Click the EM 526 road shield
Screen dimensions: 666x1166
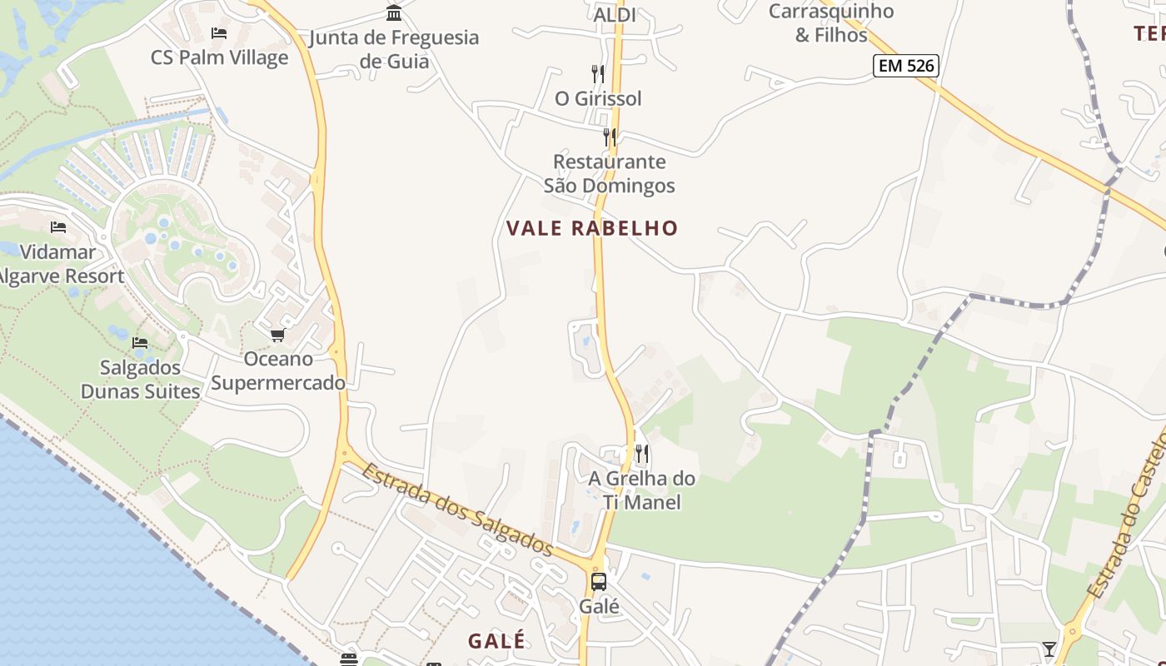pyautogui.click(x=905, y=66)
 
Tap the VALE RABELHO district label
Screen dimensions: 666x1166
pyautogui.click(x=592, y=228)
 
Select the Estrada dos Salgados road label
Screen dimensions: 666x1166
pyautogui.click(x=457, y=509)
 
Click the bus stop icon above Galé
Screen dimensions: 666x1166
pyautogui.click(x=599, y=581)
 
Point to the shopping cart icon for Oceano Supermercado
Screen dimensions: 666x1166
pyautogui.click(x=277, y=335)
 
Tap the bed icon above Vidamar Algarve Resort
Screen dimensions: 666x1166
pyautogui.click(x=58, y=226)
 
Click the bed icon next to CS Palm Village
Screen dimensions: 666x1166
pyautogui.click(x=219, y=33)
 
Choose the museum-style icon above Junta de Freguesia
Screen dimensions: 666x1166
pyautogui.click(x=394, y=12)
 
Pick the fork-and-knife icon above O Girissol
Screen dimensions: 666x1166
pyautogui.click(x=597, y=73)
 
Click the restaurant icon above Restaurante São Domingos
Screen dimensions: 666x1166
pyautogui.click(x=610, y=137)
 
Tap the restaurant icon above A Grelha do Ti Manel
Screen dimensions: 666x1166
pyautogui.click(x=641, y=454)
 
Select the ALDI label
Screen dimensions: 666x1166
pyautogui.click(x=615, y=15)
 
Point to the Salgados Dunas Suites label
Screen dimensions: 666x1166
pyautogui.click(x=140, y=380)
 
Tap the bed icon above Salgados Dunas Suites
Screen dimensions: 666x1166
pyautogui.click(x=140, y=342)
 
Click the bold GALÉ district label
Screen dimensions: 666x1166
pyautogui.click(x=496, y=640)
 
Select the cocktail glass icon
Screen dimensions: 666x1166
pyautogui.click(x=1049, y=649)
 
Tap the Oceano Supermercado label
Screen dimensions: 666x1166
pyautogui.click(x=278, y=370)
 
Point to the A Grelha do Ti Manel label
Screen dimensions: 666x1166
pyautogui.click(x=641, y=490)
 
